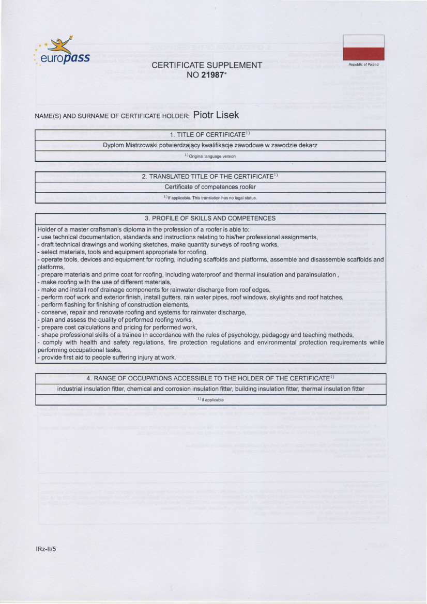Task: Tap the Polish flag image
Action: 363,47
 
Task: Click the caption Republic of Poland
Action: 363,65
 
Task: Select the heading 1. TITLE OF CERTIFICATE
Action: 210,135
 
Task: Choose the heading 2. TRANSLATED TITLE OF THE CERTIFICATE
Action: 210,176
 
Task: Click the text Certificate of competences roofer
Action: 210,187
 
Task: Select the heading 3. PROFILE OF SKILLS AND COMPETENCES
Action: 210,218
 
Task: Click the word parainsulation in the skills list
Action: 316,275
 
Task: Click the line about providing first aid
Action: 107,358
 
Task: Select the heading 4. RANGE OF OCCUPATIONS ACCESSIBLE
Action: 210,378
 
